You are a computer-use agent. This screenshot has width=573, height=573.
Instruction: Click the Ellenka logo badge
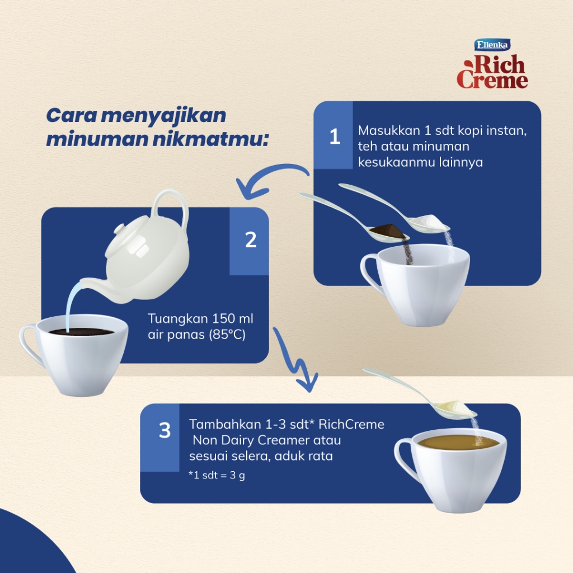pyautogui.click(x=492, y=45)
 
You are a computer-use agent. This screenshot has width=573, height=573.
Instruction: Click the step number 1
pyautogui.click(x=335, y=137)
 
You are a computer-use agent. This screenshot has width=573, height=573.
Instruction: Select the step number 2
pyautogui.click(x=251, y=239)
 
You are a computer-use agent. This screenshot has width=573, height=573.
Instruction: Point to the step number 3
pyautogui.click(x=165, y=430)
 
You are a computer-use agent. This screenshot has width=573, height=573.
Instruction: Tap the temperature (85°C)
pyautogui.click(x=227, y=335)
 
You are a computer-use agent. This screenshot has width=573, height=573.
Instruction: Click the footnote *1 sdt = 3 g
pyautogui.click(x=217, y=475)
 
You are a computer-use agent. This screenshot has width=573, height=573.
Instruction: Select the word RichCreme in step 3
pyautogui.click(x=351, y=424)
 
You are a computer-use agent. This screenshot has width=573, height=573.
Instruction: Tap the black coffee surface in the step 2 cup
pyautogui.click(x=81, y=332)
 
